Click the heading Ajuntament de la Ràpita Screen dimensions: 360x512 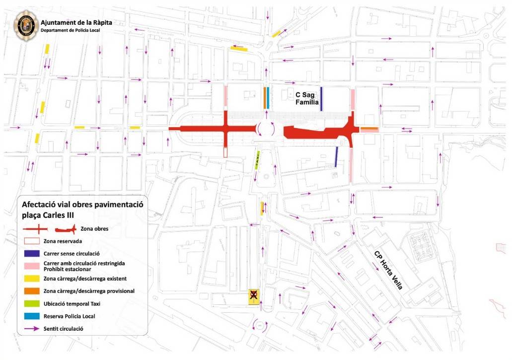[76, 23]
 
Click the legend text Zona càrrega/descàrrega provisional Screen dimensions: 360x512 [89, 291]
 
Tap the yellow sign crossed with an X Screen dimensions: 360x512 [254, 296]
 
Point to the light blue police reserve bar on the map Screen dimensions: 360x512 [268, 98]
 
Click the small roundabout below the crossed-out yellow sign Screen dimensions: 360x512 [260, 326]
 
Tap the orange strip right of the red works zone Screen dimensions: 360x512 [369, 129]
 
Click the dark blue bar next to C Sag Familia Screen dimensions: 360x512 [321, 98]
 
